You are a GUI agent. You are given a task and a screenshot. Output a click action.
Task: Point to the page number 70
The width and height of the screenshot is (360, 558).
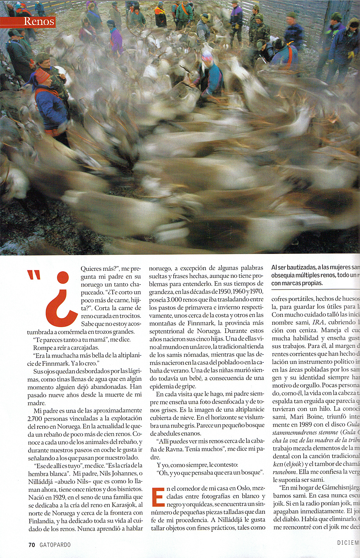(32, 544)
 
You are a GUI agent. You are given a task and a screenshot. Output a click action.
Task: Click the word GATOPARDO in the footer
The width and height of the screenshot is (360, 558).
(55, 544)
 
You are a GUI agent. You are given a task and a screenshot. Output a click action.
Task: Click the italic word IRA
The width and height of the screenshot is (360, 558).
(318, 322)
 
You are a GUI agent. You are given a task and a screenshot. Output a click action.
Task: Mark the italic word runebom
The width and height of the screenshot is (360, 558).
(281, 472)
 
